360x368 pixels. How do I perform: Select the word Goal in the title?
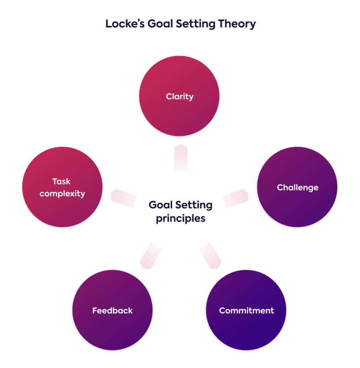pos(157,24)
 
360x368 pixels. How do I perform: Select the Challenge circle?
pos(297,187)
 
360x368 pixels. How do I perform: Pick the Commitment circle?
pos(246,310)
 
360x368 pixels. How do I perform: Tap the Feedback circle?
pos(112,310)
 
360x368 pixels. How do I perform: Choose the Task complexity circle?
pos(62,187)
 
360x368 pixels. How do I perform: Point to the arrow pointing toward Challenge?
pos(235,197)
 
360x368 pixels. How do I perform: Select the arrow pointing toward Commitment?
pos(210,256)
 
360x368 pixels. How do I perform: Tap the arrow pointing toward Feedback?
pos(150,256)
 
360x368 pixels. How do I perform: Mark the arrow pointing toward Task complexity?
pos(124,197)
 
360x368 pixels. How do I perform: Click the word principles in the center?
pos(181,218)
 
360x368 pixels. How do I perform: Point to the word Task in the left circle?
pos(62,181)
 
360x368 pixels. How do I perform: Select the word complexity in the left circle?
pos(62,194)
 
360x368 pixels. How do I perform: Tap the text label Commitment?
pos(246,310)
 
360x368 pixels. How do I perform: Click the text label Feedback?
pos(112,310)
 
